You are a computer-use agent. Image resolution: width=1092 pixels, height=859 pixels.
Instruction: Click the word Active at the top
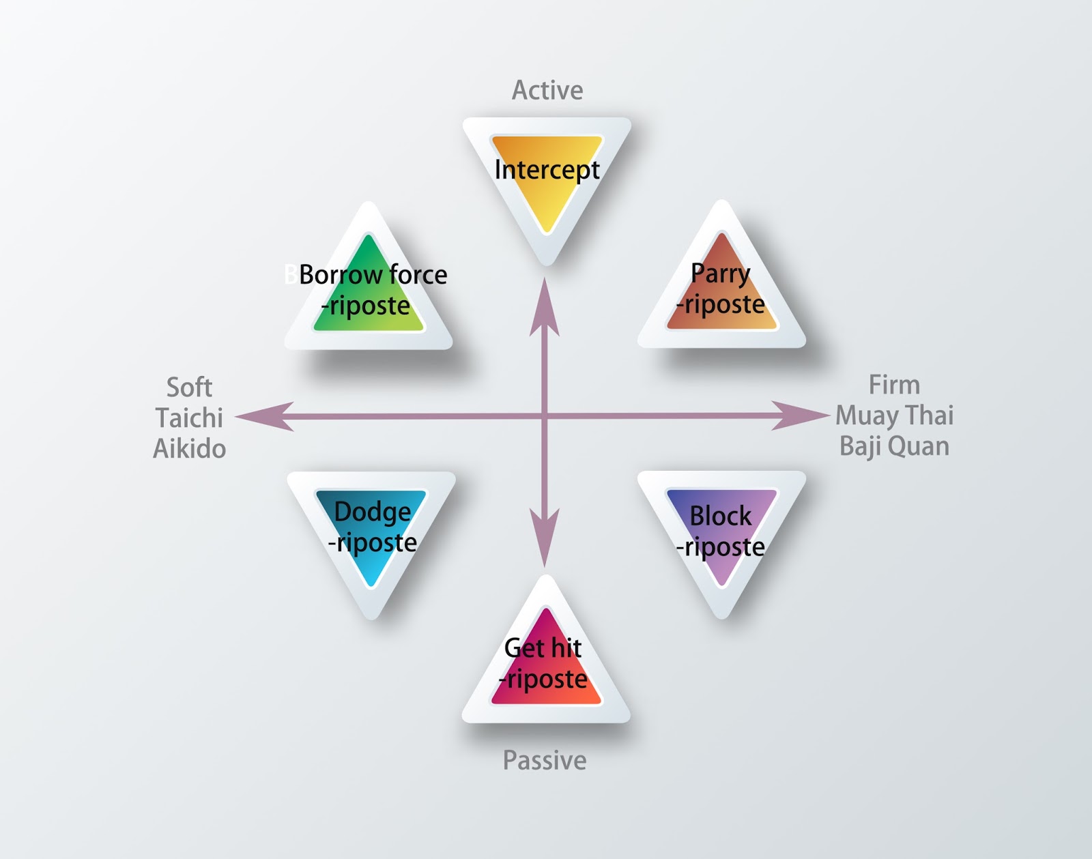click(547, 90)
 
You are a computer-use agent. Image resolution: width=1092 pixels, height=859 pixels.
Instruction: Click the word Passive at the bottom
click(545, 760)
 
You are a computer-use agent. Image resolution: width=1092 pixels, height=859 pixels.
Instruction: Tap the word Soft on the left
click(189, 388)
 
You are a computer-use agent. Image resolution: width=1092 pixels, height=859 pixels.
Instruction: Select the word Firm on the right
click(894, 385)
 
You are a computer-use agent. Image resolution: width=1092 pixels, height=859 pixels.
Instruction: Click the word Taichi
click(189, 418)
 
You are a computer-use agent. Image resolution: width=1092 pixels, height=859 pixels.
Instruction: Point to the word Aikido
click(189, 448)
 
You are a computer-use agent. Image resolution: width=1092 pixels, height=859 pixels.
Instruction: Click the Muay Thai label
click(894, 415)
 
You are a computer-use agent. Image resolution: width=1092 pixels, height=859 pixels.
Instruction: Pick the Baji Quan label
click(894, 446)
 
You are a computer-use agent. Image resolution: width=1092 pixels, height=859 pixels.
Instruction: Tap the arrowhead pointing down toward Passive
click(545, 539)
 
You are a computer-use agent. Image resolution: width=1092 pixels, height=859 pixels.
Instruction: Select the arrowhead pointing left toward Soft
click(263, 416)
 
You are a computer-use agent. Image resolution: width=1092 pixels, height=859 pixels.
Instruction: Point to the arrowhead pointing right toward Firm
click(799, 415)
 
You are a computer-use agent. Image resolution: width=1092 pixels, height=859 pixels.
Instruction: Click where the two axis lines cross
click(545, 416)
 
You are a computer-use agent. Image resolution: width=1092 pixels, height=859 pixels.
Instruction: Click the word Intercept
click(547, 169)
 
